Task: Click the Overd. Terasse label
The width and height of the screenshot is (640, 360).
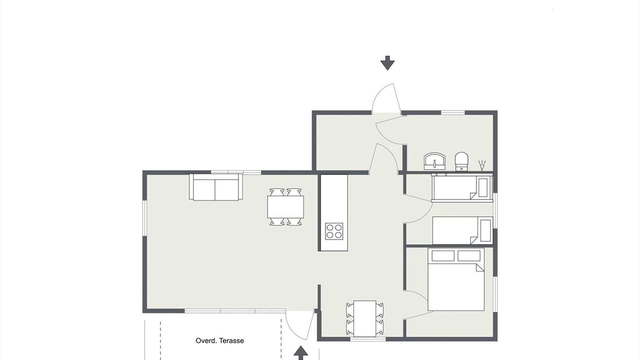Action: coord(219,340)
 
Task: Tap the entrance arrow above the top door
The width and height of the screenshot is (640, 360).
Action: coord(387,63)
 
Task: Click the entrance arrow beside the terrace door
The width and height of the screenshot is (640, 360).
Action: coord(300,353)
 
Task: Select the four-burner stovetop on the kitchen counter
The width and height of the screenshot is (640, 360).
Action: coord(334,231)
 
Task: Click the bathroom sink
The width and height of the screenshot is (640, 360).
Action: coord(434,161)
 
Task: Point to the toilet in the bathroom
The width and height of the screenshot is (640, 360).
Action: coord(461,161)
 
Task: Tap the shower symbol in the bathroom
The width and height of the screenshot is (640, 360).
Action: coord(482,165)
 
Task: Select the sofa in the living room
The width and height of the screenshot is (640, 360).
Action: coord(216,187)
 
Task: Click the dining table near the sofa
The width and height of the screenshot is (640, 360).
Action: coord(285,207)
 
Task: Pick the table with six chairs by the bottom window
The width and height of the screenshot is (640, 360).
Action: coord(364,318)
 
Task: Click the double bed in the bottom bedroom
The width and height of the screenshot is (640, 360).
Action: coord(456,279)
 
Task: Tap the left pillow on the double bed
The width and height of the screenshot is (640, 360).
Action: coord(443,255)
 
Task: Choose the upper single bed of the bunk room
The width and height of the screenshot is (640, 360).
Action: coord(462,187)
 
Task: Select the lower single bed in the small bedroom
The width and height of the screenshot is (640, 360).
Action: coord(462,230)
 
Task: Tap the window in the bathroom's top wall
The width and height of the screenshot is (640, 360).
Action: coord(453,113)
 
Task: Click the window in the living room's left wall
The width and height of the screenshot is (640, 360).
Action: coord(144,218)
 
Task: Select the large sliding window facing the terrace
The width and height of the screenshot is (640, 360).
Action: coord(235,311)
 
